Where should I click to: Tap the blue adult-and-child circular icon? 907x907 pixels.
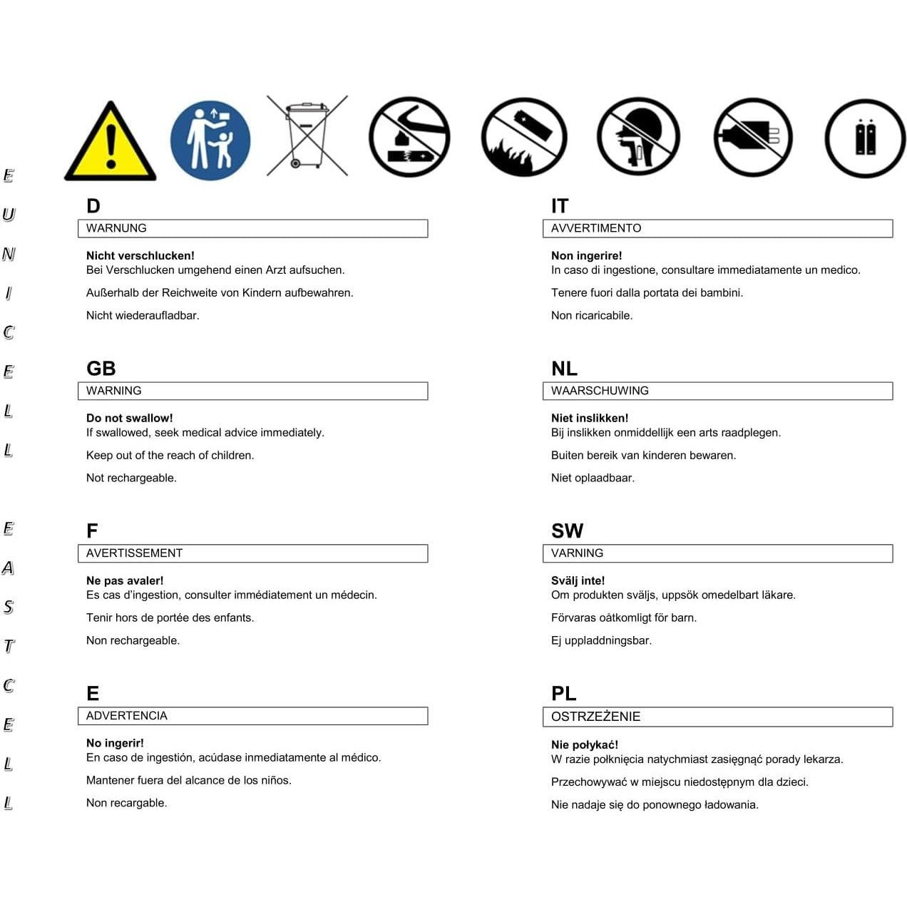[x=210, y=139]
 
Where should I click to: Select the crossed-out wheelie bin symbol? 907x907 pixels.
[x=307, y=136]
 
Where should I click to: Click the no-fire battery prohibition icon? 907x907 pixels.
[x=524, y=137]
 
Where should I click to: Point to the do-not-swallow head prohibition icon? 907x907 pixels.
[x=638, y=137]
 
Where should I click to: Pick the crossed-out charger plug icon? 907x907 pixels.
[x=753, y=137]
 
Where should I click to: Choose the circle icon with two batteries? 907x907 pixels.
[x=865, y=138]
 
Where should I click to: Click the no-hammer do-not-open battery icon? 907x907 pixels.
[x=409, y=137]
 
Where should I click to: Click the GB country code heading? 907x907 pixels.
[x=101, y=369]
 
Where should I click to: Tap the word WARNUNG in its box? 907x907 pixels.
[x=116, y=228]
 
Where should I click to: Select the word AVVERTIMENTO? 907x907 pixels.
[x=596, y=228]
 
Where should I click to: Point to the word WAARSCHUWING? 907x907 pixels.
[x=600, y=391]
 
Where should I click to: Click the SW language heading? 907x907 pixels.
[x=567, y=531]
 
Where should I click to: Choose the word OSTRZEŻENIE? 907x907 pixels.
[x=595, y=717]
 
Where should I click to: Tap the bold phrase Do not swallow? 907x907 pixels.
[x=129, y=419]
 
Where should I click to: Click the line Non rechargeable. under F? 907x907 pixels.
[x=133, y=640]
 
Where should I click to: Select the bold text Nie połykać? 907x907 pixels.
[x=585, y=745]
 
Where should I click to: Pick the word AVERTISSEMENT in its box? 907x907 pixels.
[x=134, y=553]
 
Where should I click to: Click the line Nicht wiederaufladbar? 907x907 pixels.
[x=143, y=315]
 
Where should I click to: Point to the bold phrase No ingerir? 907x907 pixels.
[x=115, y=743]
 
